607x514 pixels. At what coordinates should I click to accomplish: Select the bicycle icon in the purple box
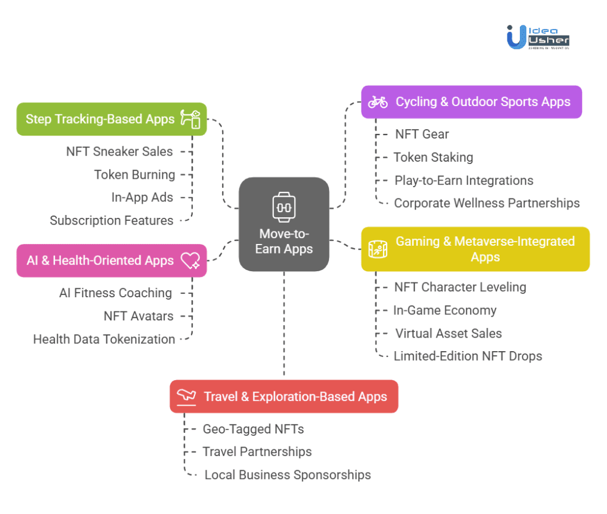(378, 102)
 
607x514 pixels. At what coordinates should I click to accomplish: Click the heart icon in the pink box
(190, 261)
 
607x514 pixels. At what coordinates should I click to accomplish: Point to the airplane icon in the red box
(186, 396)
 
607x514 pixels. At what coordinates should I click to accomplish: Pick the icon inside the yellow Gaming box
(378, 249)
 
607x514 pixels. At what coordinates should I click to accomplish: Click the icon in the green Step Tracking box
(191, 119)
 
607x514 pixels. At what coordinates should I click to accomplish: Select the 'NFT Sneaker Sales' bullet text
(119, 152)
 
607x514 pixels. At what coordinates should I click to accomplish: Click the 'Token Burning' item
(135, 175)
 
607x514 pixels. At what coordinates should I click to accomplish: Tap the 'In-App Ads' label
(142, 197)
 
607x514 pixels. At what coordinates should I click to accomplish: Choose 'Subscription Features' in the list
(111, 220)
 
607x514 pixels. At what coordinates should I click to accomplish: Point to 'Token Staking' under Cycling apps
(433, 157)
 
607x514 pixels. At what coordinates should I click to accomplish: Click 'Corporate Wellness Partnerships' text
(487, 203)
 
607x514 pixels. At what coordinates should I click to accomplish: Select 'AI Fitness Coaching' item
(116, 293)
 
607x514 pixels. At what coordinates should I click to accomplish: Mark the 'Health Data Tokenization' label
(104, 339)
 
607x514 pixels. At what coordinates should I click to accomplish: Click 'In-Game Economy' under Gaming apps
(445, 310)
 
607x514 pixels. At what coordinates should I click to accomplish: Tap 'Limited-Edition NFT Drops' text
(468, 356)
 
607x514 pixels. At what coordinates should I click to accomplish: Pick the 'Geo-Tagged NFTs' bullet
(253, 429)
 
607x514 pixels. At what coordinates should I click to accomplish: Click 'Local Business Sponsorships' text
(287, 475)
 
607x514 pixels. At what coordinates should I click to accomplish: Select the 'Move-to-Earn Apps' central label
(284, 241)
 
